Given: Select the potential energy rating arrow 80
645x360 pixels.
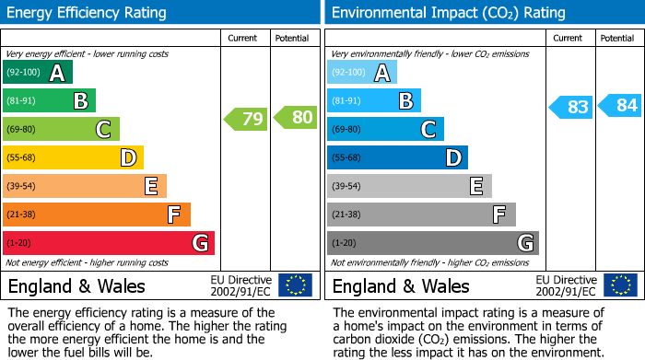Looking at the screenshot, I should pyautogui.click(x=296, y=118).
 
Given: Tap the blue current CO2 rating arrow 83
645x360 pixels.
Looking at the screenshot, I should pyautogui.click(x=571, y=107).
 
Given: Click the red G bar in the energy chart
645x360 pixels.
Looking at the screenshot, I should pyautogui.click(x=109, y=243).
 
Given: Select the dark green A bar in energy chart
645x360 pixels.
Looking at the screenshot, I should pyautogui.click(x=38, y=72).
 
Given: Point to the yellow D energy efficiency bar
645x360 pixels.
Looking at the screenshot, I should pyautogui.click(x=74, y=157).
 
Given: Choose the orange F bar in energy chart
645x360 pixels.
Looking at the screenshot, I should pyautogui.click(x=97, y=215).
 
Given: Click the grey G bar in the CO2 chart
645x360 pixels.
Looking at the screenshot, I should pyautogui.click(x=433, y=243).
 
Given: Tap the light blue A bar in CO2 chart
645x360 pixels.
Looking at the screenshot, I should pyautogui.click(x=362, y=72).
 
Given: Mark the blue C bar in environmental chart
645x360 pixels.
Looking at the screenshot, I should pyautogui.click(x=385, y=129).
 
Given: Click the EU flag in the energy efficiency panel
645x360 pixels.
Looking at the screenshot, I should pyautogui.click(x=296, y=285).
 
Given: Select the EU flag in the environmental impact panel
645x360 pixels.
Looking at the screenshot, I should pyautogui.click(x=620, y=285).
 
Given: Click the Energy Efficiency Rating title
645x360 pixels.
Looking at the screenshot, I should pyautogui.click(x=88, y=13).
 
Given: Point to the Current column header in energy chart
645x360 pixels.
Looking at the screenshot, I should pyautogui.click(x=244, y=38).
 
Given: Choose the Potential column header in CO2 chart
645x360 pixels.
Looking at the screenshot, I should pyautogui.click(x=617, y=38).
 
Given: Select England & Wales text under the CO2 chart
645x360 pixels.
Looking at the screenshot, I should pyautogui.click(x=401, y=286).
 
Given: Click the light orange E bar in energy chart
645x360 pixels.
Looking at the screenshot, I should pyautogui.click(x=85, y=186).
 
